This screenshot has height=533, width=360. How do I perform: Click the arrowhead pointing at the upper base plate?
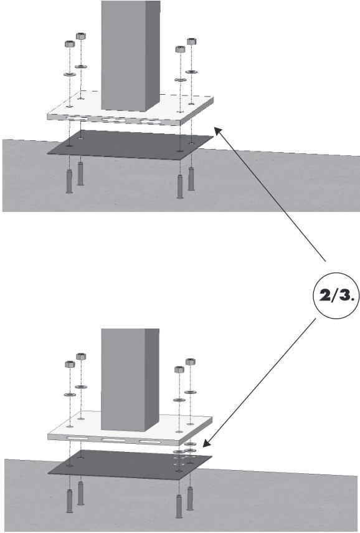pyautogui.click(x=217, y=130)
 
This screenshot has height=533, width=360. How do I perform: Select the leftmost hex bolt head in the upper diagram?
pyautogui.click(x=70, y=44)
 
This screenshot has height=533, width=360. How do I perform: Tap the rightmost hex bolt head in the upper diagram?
pyautogui.click(x=191, y=42)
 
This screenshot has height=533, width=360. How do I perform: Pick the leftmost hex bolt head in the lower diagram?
pyautogui.click(x=70, y=364)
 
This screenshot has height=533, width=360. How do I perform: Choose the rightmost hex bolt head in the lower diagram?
pyautogui.click(x=190, y=362)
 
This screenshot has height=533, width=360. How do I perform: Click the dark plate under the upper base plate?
pyautogui.click(x=131, y=145)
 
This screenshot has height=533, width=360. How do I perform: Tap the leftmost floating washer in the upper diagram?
pyautogui.click(x=70, y=74)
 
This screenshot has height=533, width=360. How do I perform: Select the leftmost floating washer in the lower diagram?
pyautogui.click(x=70, y=395)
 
